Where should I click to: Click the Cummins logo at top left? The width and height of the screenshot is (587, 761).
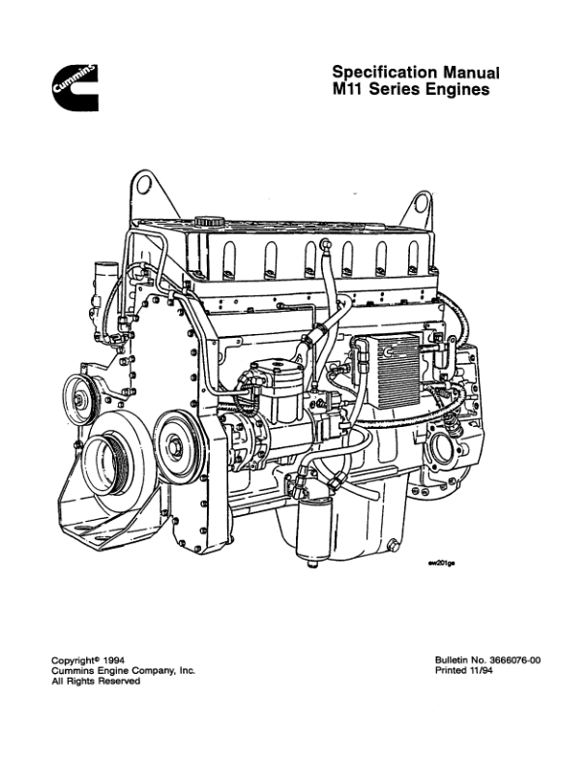75,87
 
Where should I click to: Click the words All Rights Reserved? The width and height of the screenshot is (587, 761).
96,681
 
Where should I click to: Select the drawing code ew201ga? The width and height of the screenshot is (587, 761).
442,563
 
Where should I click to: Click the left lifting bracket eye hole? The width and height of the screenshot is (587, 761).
142,185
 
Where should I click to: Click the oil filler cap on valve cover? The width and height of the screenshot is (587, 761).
208,222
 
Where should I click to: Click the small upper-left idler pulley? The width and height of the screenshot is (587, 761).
79,399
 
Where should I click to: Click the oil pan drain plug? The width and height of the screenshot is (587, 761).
394,544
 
